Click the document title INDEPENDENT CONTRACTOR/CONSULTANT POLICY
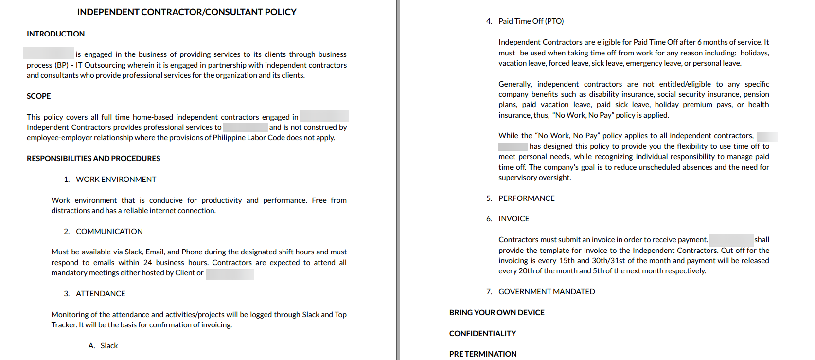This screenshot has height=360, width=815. pos(187,12)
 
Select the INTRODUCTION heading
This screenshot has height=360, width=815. pos(55,34)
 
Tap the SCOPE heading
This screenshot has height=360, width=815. pos(39,96)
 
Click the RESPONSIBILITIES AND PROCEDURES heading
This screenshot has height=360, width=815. pos(93,159)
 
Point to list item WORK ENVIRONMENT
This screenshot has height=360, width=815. pos(116,180)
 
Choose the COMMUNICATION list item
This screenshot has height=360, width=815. pos(109,232)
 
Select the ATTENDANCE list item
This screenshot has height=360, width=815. pos(100,294)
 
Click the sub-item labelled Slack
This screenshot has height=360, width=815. pos(109,346)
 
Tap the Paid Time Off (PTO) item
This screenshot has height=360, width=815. pos(531,21)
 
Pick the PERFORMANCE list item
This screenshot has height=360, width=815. pos(526,198)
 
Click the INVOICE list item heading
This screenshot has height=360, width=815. pos(514,219)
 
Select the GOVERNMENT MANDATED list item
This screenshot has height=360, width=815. pos(546,292)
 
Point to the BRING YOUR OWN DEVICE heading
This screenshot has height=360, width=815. pos(496,313)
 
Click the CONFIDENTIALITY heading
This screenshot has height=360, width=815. pos(482,334)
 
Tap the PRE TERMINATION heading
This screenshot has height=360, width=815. pos(482,354)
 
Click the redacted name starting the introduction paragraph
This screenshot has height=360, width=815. pos(49,54)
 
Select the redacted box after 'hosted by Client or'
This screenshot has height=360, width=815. pos(230,274)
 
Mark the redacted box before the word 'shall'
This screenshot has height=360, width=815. pos(731,240)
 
